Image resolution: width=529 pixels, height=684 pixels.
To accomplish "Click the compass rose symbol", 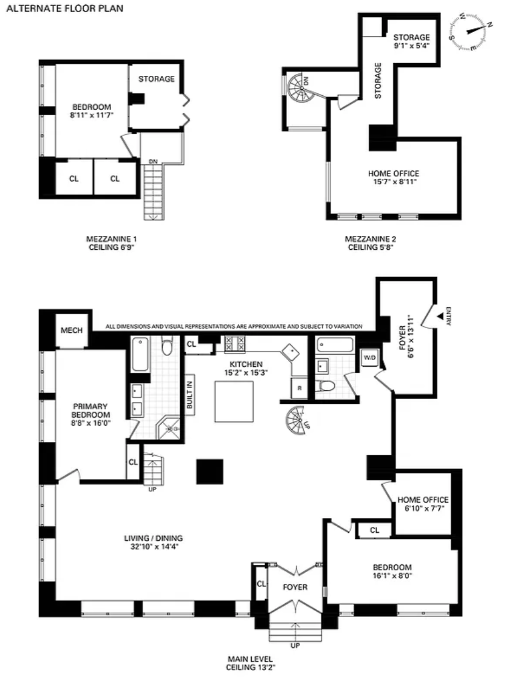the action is pos(471,32).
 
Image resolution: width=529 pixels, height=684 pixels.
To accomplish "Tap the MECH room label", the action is pos(72,330).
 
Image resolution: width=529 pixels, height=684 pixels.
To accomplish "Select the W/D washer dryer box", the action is pos(369,358).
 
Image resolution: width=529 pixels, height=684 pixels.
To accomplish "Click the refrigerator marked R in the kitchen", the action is pos(299,388).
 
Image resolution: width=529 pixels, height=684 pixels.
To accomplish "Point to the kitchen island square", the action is pos(234,402).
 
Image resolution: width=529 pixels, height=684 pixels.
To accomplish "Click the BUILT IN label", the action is pos(190,395).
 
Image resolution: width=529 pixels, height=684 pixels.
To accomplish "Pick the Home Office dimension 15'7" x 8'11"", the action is pos(393,181).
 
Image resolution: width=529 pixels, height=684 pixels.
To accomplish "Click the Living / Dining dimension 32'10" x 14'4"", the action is pos(154,546).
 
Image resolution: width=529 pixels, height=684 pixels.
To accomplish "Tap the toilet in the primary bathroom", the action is pos(167,346).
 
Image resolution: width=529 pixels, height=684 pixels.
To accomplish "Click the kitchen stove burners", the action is pos(235,344).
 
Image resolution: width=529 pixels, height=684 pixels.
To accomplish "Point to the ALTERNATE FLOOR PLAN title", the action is pos(64,8).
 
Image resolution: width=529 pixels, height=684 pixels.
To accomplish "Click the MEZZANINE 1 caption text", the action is pos(111,239).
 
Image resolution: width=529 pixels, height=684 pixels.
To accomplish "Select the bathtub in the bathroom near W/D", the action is pos(335,345).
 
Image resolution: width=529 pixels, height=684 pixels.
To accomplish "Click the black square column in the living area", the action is pos(210,471).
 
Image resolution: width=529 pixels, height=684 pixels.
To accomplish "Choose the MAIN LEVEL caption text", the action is pos(251,659).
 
